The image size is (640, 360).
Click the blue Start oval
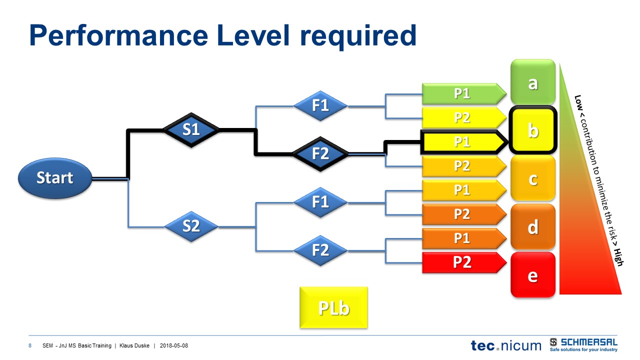click(x=55, y=177)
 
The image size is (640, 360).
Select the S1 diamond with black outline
click(x=191, y=130)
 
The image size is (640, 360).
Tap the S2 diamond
click(x=191, y=226)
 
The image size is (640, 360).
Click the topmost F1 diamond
click(x=320, y=105)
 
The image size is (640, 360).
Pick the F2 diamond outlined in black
click(x=320, y=154)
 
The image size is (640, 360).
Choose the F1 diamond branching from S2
click(x=320, y=202)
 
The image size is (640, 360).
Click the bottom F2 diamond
click(x=320, y=249)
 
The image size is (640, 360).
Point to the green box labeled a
click(x=533, y=82)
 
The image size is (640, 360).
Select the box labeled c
click(x=533, y=178)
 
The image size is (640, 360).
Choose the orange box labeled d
click(x=533, y=227)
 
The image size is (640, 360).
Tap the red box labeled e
click(x=533, y=275)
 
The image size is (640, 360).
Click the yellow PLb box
click(x=333, y=307)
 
